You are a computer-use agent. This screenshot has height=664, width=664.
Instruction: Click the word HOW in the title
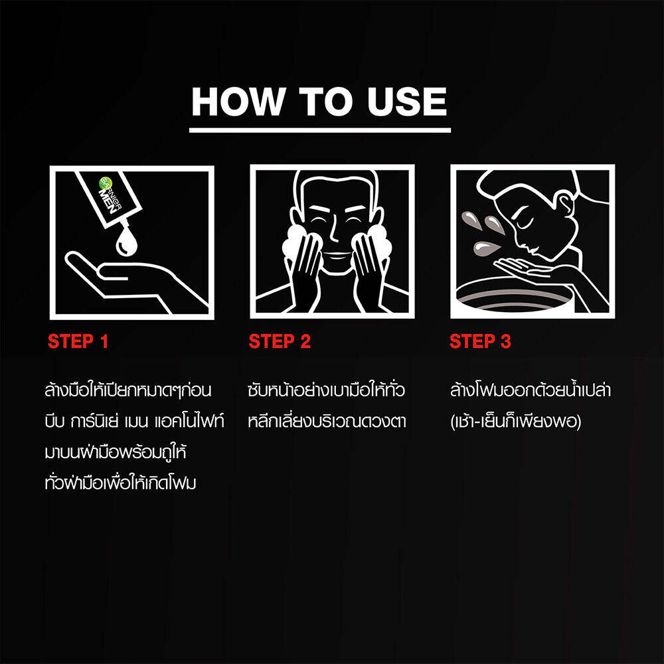[x=238, y=102]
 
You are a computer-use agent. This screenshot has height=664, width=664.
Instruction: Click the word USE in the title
[x=406, y=102]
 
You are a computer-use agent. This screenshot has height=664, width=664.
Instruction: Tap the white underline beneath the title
[x=320, y=130]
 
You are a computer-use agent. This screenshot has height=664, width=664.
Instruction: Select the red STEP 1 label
[x=78, y=341]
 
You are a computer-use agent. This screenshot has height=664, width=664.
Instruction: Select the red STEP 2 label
[x=280, y=341]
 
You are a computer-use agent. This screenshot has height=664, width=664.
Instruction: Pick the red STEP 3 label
[x=480, y=341]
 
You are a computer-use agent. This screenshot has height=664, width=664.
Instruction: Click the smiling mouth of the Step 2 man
[x=337, y=256]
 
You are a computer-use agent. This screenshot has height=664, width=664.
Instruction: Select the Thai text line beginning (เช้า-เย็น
[x=516, y=422]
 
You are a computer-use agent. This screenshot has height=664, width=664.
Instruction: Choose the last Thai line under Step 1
[x=120, y=483]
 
